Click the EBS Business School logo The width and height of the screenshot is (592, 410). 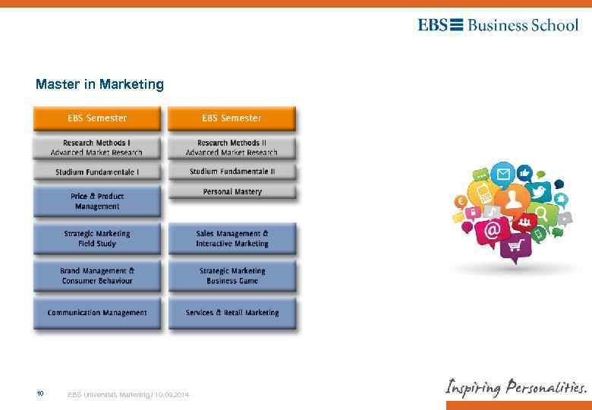pos(497,25)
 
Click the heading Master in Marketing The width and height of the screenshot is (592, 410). pos(99,84)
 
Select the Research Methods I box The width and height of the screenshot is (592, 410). pos(96,147)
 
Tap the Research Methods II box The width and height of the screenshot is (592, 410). pos(231,147)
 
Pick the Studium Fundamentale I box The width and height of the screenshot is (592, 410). pos(96,172)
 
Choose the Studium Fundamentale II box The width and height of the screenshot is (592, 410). pos(231,172)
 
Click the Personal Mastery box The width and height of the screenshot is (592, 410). pos(231,192)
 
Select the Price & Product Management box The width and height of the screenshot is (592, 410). pos(96,201)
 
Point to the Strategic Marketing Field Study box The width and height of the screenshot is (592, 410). pos(96,238)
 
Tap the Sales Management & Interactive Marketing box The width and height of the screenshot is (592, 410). pos(231,238)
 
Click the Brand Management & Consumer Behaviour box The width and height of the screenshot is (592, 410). pos(96,276)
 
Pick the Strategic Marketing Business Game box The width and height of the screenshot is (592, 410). pos(231,276)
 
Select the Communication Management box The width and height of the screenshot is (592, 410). pos(96,313)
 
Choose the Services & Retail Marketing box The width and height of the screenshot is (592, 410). pos(231,313)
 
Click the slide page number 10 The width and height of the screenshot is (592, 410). pos(40,394)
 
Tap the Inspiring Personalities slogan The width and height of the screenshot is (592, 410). pos(515,387)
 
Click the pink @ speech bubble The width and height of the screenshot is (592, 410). pos(493,229)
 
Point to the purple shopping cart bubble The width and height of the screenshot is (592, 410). pos(516,245)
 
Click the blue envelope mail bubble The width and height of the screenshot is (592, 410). pos(502,175)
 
